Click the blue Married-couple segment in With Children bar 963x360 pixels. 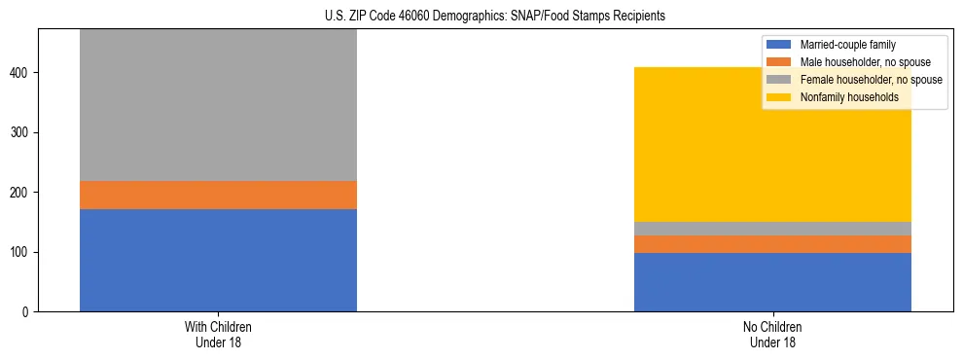click(x=218, y=260)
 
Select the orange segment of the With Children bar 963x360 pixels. click(x=218, y=195)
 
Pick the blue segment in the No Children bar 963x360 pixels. click(x=772, y=282)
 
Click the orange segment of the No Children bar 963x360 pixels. click(x=772, y=244)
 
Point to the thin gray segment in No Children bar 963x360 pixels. click(x=772, y=229)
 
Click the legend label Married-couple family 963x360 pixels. click(x=847, y=45)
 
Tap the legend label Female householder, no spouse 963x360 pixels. click(x=871, y=80)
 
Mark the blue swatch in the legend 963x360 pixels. click(x=779, y=45)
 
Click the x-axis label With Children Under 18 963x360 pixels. click(x=218, y=334)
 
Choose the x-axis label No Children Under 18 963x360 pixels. click(x=772, y=334)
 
